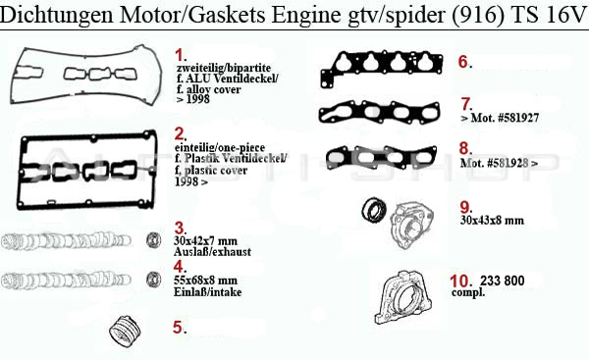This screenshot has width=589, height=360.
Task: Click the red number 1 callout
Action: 181,55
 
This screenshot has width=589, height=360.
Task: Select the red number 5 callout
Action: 179,327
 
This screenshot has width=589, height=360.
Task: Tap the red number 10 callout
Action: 460,281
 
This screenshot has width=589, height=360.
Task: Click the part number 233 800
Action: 502,281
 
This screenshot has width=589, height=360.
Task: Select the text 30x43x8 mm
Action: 492,220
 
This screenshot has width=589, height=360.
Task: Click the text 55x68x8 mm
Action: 205,280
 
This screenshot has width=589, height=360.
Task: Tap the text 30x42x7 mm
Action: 205,240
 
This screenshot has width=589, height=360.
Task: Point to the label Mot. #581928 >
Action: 499,163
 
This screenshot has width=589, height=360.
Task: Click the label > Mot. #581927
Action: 500,118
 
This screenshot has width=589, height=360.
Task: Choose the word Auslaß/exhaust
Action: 212,251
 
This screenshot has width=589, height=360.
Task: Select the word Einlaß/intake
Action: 207,291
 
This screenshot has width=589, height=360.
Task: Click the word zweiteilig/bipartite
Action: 224,68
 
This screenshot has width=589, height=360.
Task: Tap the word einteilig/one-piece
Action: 220,147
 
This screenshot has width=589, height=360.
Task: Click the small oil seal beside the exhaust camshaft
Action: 154,240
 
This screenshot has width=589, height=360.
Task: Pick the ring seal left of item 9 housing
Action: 374,209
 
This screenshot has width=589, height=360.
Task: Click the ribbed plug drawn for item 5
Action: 125,332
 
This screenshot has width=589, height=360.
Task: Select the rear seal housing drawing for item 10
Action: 403,297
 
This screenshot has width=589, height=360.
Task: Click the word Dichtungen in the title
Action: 56,15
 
